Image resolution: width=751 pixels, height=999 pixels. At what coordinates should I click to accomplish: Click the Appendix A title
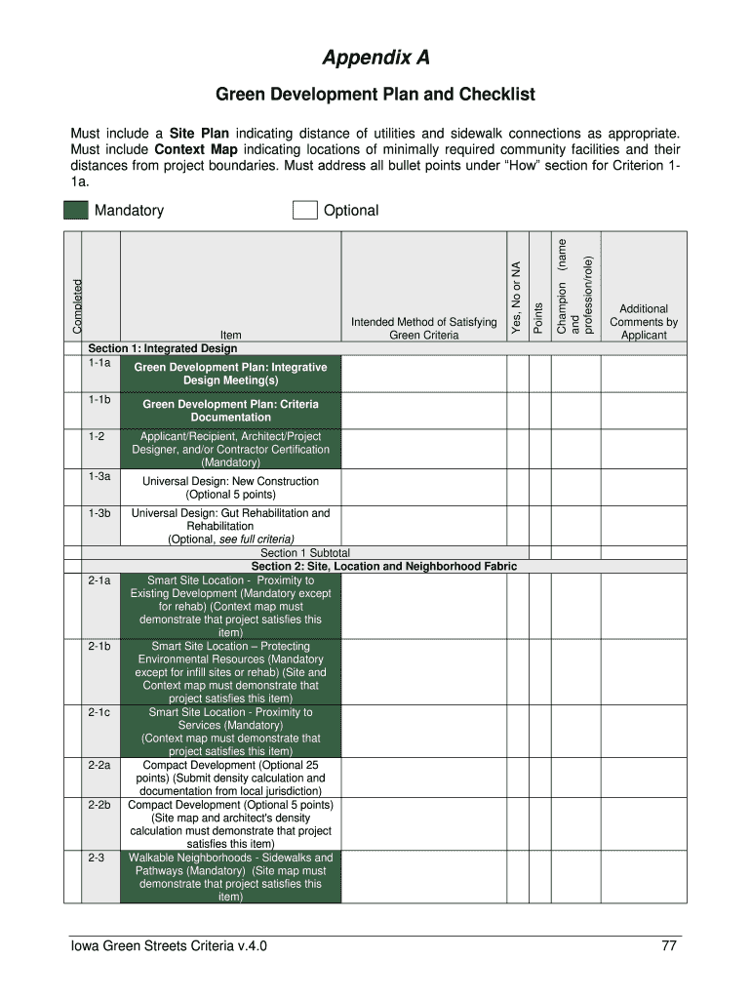pyautogui.click(x=375, y=59)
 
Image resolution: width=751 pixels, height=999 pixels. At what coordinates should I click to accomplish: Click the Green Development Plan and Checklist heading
pyautogui.click(x=375, y=95)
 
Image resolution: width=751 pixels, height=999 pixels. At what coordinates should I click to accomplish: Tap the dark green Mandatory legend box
pyautogui.click(x=76, y=211)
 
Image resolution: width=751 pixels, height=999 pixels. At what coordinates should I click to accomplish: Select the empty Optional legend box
pyautogui.click(x=305, y=211)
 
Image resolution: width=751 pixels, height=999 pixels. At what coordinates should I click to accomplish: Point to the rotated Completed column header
pyautogui.click(x=77, y=304)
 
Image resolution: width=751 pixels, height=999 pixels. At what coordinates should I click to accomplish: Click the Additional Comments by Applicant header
pyautogui.click(x=643, y=321)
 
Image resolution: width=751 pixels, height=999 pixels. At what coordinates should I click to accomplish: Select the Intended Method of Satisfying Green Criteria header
pyautogui.click(x=423, y=328)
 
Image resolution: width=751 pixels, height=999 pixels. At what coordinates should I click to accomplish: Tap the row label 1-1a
pyautogui.click(x=99, y=363)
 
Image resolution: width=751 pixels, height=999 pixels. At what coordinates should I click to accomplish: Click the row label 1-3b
pyautogui.click(x=99, y=512)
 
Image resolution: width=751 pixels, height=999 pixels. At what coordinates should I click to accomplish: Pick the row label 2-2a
pyautogui.click(x=99, y=766)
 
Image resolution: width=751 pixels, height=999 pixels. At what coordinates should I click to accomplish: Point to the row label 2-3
pyautogui.click(x=96, y=858)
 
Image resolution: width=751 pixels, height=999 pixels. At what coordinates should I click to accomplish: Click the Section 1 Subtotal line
pyautogui.click(x=305, y=553)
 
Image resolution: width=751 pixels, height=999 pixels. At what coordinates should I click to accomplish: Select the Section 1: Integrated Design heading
pyautogui.click(x=162, y=348)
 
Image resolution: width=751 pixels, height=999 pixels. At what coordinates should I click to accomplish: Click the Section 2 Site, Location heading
pyautogui.click(x=383, y=566)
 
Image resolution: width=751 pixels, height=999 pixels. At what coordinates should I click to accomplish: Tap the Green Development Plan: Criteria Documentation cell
pyautogui.click(x=230, y=410)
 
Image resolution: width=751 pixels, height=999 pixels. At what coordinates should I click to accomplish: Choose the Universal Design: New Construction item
pyautogui.click(x=230, y=487)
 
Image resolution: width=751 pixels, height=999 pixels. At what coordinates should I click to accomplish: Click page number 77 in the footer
pyautogui.click(x=669, y=946)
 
